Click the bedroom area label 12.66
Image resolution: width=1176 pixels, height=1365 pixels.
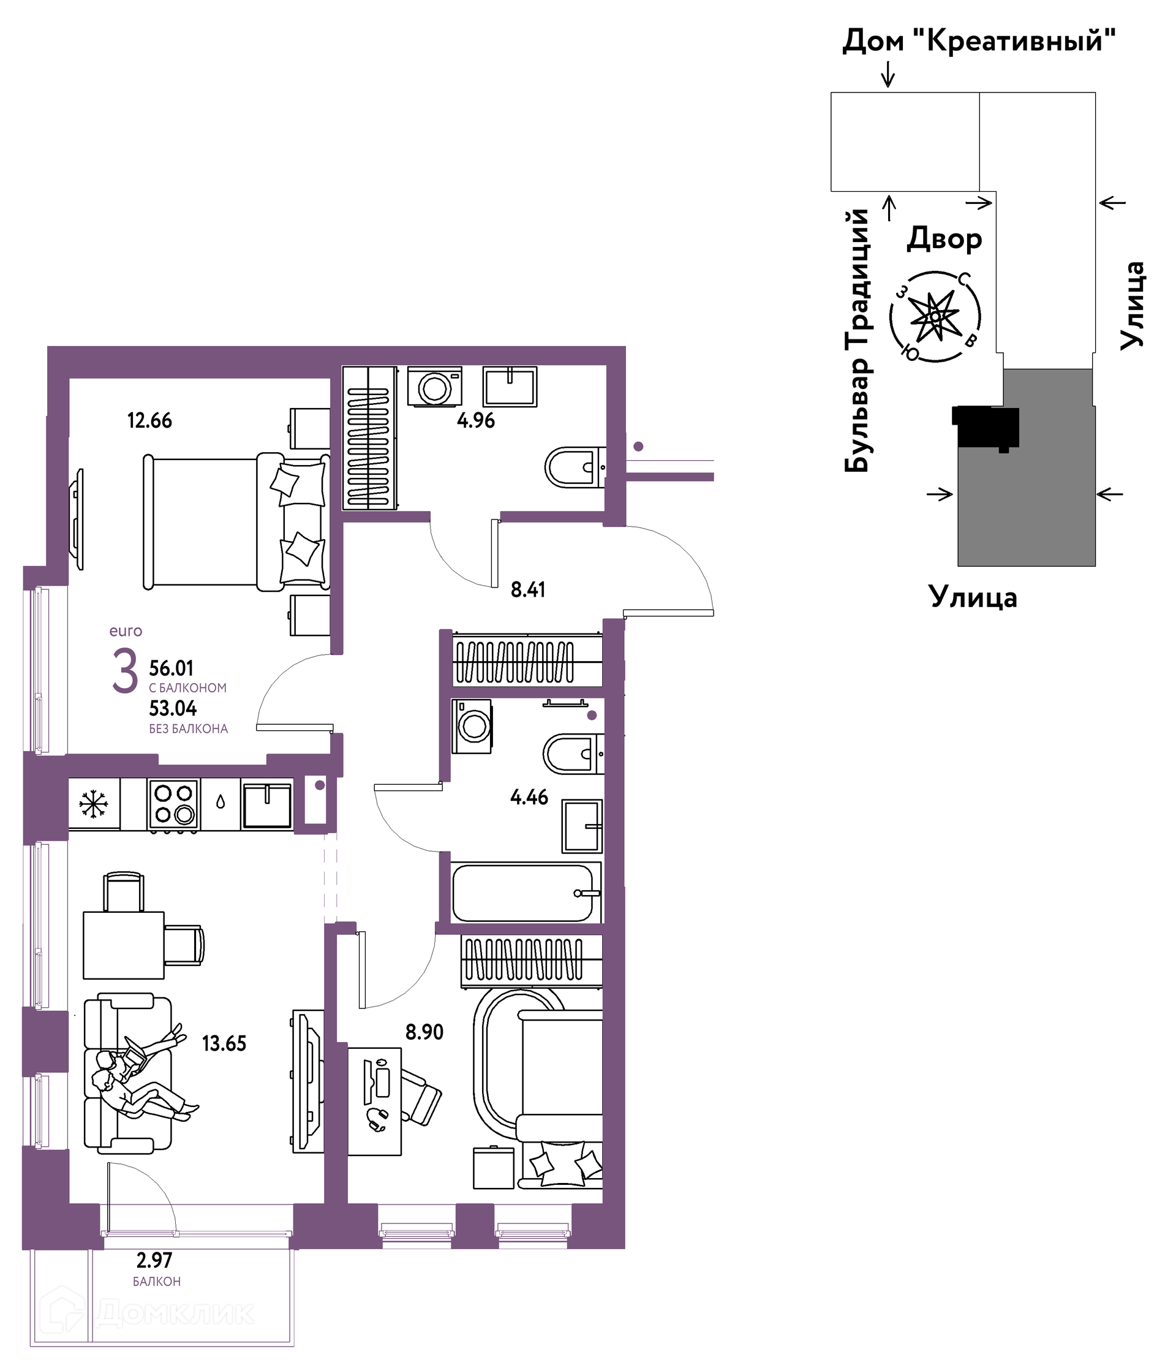click(149, 420)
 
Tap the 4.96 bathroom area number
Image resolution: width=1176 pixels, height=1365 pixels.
click(475, 420)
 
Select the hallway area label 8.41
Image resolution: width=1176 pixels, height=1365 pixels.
click(527, 589)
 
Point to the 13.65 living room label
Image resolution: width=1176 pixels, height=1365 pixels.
click(224, 1043)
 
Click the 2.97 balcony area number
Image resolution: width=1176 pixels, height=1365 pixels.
click(154, 1260)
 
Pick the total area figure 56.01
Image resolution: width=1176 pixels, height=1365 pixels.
click(171, 668)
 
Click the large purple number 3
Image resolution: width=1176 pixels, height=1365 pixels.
click(124, 671)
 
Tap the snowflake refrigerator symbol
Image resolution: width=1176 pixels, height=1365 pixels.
click(94, 804)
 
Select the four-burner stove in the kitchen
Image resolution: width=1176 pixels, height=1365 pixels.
click(174, 804)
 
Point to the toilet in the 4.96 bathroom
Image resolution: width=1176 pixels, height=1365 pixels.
click(575, 467)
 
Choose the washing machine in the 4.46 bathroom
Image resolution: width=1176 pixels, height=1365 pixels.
click(472, 726)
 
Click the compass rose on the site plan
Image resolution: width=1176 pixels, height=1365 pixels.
click(935, 317)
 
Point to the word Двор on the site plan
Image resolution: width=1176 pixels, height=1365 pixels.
click(944, 238)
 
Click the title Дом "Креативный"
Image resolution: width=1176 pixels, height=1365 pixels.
click(979, 41)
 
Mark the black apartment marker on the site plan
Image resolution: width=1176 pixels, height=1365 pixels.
click(986, 428)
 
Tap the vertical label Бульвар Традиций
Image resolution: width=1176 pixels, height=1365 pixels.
click(858, 341)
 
